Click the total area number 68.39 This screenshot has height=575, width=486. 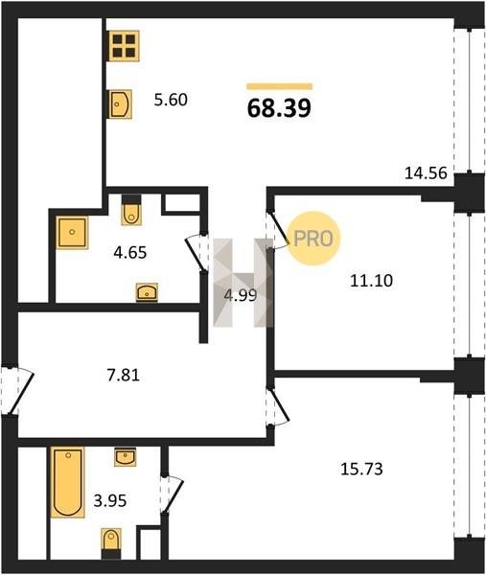point(279,108)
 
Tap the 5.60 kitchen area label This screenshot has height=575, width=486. point(171,100)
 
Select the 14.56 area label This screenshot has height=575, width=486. point(426,173)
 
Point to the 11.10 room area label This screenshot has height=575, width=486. point(371,281)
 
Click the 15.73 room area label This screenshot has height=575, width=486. point(361,469)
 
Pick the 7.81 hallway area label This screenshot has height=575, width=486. point(124,376)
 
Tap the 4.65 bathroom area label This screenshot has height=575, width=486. point(129,253)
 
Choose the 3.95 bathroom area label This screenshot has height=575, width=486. point(110,500)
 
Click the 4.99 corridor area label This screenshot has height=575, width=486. point(241,295)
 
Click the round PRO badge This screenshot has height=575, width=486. point(313,239)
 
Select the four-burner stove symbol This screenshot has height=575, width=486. point(124,46)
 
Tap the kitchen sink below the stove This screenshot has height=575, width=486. point(120,104)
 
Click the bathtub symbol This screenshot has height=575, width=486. point(67,482)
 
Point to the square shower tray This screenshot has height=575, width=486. point(72,233)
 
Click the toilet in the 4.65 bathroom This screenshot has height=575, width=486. point(131,210)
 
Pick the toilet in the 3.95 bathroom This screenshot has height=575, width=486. point(111,543)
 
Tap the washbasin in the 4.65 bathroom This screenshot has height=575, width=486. point(147,292)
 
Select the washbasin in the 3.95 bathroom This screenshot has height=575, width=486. point(125,456)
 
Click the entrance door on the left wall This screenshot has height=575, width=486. point(17,390)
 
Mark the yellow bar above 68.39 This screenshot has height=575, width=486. point(279,86)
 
